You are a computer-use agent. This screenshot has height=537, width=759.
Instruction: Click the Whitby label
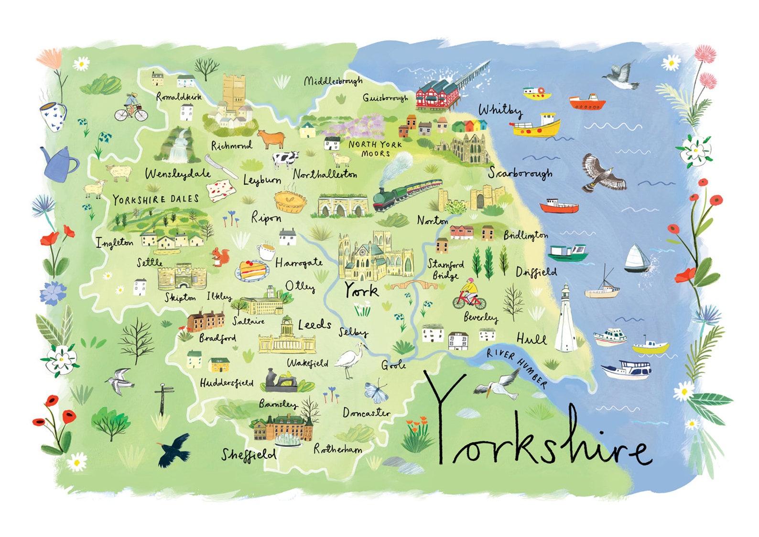point(500,110)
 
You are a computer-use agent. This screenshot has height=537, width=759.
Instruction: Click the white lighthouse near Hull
point(566,319)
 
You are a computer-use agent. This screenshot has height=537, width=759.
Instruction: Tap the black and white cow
point(285,159)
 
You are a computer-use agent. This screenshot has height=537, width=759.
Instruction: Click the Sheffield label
point(248,455)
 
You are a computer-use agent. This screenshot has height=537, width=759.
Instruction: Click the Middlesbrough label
point(333,81)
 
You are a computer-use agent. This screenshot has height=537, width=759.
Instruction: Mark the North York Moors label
point(375,149)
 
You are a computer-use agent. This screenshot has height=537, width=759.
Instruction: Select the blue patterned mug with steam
point(53,116)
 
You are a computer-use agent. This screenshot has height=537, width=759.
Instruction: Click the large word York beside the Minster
point(361,290)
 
